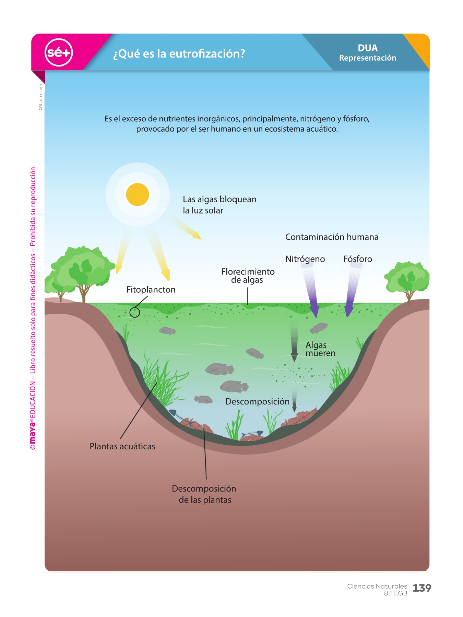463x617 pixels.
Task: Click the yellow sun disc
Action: click(x=138, y=194)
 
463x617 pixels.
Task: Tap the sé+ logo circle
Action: click(x=59, y=52)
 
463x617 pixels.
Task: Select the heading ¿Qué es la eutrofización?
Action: click(x=179, y=54)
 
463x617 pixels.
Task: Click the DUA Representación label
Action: click(x=367, y=53)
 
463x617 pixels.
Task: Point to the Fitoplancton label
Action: click(x=151, y=290)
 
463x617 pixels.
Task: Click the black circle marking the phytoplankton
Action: click(x=135, y=312)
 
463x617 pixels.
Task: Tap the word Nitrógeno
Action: click(x=305, y=259)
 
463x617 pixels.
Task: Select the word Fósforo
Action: click(x=358, y=259)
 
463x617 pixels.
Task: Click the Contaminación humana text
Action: click(x=332, y=237)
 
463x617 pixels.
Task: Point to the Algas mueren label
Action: click(x=320, y=349)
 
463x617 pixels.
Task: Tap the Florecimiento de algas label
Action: click(x=248, y=276)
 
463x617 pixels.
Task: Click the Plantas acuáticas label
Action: click(x=122, y=446)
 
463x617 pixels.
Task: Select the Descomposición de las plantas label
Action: click(x=204, y=494)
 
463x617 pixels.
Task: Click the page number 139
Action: click(x=422, y=588)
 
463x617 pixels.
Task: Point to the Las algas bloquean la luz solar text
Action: click(x=219, y=205)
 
